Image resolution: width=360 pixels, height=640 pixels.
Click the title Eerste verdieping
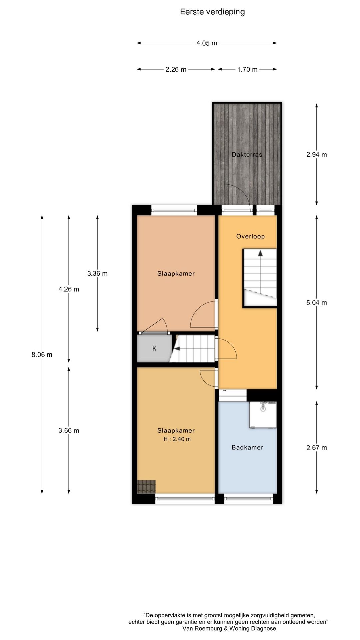212,12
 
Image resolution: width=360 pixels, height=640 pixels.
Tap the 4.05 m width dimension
207,43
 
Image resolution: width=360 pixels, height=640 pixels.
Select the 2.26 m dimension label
176,70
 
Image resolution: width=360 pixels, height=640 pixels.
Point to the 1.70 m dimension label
247,70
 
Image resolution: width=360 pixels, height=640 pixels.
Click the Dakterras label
247,155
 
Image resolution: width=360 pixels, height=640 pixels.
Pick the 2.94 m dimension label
317,155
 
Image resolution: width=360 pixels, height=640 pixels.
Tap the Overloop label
250,237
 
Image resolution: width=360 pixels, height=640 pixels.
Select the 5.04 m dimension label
317,303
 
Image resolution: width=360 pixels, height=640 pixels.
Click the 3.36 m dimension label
97,274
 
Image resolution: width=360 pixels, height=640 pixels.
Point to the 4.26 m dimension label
69,289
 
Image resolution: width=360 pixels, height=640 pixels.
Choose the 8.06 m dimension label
42,355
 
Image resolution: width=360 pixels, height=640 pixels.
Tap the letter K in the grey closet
154,349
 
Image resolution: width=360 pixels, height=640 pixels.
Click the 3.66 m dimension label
69,431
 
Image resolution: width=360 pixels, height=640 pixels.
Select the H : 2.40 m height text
177,439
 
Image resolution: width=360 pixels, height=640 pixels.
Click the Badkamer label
247,448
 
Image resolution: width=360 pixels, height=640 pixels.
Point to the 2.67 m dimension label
317,448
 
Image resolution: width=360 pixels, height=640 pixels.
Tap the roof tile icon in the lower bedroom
146,486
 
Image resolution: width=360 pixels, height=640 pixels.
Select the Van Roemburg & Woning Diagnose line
229,629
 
